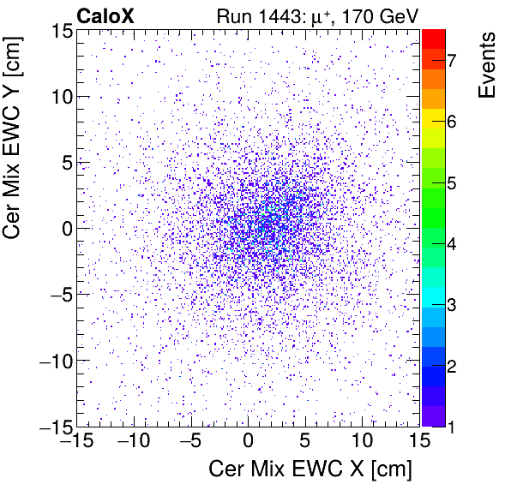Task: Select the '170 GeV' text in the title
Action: (382, 15)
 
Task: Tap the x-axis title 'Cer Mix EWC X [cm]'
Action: (311, 469)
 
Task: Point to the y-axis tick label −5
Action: (53, 294)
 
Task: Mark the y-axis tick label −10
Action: (49, 360)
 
